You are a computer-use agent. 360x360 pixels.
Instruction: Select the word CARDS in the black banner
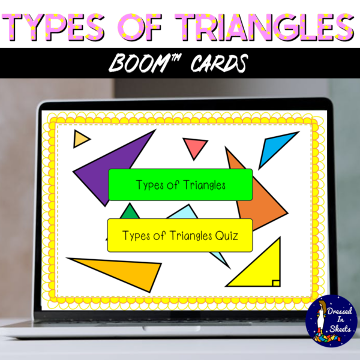pyautogui.click(x=213, y=61)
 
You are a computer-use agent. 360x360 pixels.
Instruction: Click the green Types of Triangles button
pyautogui.click(x=180, y=185)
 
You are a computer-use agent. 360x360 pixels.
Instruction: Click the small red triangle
pyautogui.click(x=196, y=147)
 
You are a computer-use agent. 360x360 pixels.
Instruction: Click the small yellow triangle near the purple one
pyautogui.click(x=80, y=139)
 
